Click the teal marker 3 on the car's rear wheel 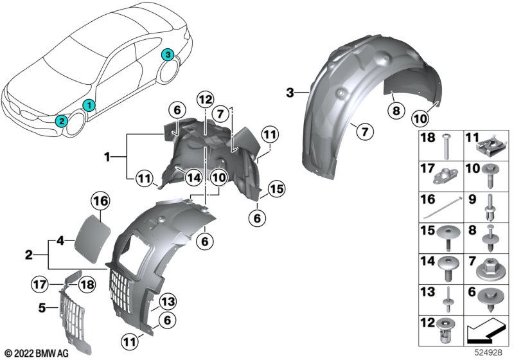[x=167, y=55]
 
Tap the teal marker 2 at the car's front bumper [x=60, y=120]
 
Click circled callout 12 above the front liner [x=205, y=100]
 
